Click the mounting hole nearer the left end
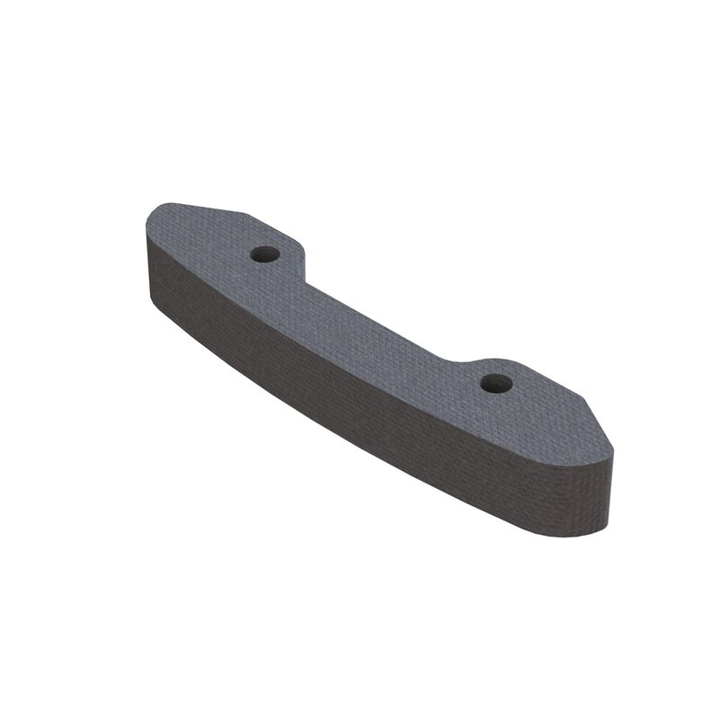pyautogui.click(x=264, y=254)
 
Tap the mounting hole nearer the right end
pyautogui.click(x=495, y=384)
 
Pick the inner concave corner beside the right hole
pyautogui.click(x=467, y=355)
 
